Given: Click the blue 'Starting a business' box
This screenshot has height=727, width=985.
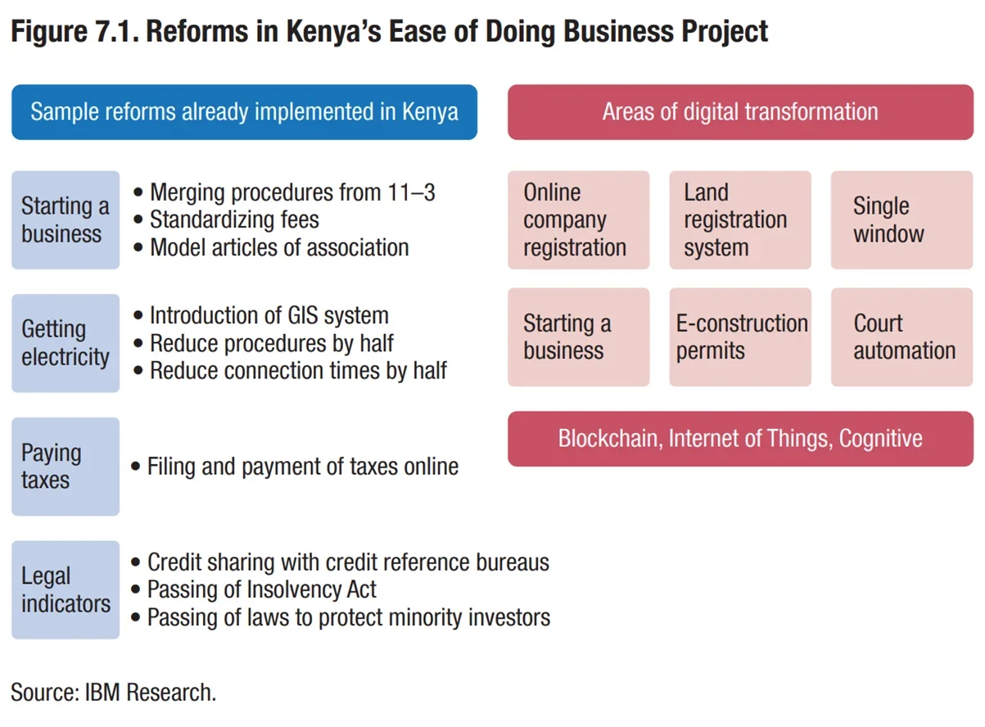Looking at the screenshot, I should click(66, 219).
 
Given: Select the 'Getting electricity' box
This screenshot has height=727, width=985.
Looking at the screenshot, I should click(66, 343).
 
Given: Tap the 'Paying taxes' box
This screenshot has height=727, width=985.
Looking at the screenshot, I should click(66, 466).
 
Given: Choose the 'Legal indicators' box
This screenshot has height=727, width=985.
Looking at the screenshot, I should click(66, 589).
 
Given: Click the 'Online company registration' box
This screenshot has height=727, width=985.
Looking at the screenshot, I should click(578, 219).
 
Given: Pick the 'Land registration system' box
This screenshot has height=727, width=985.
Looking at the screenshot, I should click(739, 219).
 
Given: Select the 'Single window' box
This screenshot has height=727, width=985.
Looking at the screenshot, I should click(901, 219).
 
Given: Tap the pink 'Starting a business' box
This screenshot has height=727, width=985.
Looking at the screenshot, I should click(578, 336).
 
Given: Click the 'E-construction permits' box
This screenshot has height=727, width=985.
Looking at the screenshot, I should click(739, 336).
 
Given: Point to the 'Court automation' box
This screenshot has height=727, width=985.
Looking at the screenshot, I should click(901, 336).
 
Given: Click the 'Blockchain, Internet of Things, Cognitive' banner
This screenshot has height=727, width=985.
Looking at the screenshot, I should click(740, 439).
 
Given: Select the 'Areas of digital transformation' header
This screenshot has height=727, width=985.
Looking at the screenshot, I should click(740, 112).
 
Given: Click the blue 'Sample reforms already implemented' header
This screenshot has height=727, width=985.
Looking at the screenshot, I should click(244, 112).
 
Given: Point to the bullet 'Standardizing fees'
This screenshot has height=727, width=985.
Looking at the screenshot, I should click(234, 219).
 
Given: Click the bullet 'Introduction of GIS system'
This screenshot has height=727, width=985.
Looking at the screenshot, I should click(269, 315).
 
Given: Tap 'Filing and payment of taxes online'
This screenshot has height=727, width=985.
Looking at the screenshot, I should click(302, 467).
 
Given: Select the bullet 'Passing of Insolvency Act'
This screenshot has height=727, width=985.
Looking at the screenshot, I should click(262, 589).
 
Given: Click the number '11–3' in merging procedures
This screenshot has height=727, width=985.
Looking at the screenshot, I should click(410, 192).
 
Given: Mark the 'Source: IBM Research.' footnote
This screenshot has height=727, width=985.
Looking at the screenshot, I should click(114, 692).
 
